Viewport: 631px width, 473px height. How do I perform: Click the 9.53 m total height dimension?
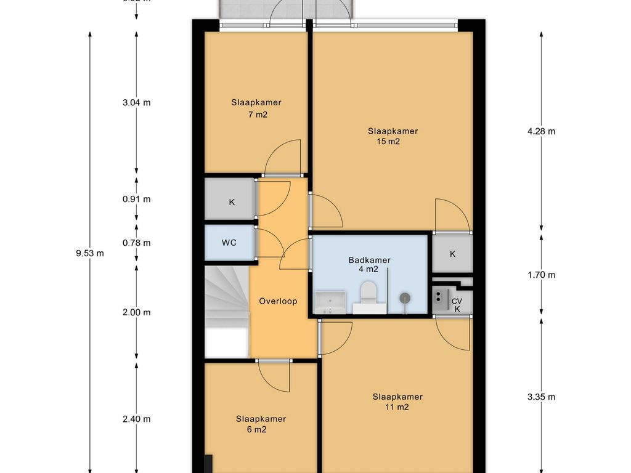[x=90, y=253]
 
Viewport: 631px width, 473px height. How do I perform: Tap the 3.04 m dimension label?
[x=136, y=102]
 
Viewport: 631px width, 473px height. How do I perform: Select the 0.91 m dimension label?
[x=136, y=199]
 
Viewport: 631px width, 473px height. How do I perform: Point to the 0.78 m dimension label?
[x=136, y=243]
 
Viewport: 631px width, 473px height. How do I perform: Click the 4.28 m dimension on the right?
[x=542, y=131]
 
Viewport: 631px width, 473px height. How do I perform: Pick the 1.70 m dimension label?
[x=542, y=275]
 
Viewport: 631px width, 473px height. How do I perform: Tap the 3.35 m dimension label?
[x=542, y=397]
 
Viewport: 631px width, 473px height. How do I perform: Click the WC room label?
[x=229, y=243]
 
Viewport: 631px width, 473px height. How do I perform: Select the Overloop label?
[x=278, y=301]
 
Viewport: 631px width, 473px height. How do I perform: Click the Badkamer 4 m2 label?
[x=368, y=264]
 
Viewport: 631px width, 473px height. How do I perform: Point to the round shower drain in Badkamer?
[x=405, y=298]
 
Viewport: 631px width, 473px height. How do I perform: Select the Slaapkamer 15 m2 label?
[x=393, y=136]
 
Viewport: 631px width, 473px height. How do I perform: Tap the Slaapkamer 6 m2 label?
[x=261, y=424]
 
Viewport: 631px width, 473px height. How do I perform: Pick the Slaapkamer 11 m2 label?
[x=397, y=402]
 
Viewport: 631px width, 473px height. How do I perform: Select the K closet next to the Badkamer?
[x=452, y=254]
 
